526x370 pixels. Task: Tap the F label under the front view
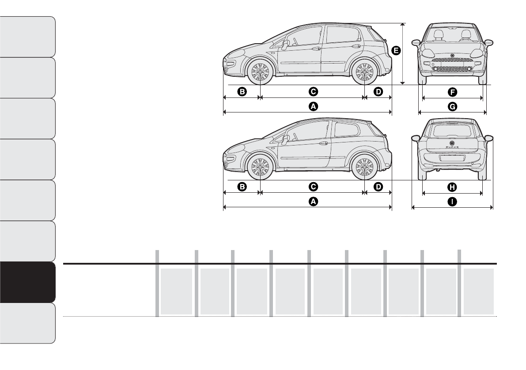(x=452, y=92)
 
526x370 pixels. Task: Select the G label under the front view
(x=452, y=106)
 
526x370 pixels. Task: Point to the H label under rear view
(x=452, y=187)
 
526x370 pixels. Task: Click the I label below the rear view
(x=452, y=202)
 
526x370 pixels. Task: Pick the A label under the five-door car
(x=313, y=106)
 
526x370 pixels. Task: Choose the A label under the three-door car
(x=313, y=202)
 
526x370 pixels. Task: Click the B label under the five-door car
(x=242, y=92)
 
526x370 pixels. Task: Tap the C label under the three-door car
(x=313, y=187)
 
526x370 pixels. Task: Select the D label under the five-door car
(x=378, y=92)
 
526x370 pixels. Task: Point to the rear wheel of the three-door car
(x=364, y=167)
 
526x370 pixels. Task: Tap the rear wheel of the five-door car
(x=364, y=71)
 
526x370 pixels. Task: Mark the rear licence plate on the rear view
(x=452, y=158)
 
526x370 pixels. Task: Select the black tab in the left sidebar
(x=28, y=282)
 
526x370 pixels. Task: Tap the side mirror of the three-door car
(x=285, y=139)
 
